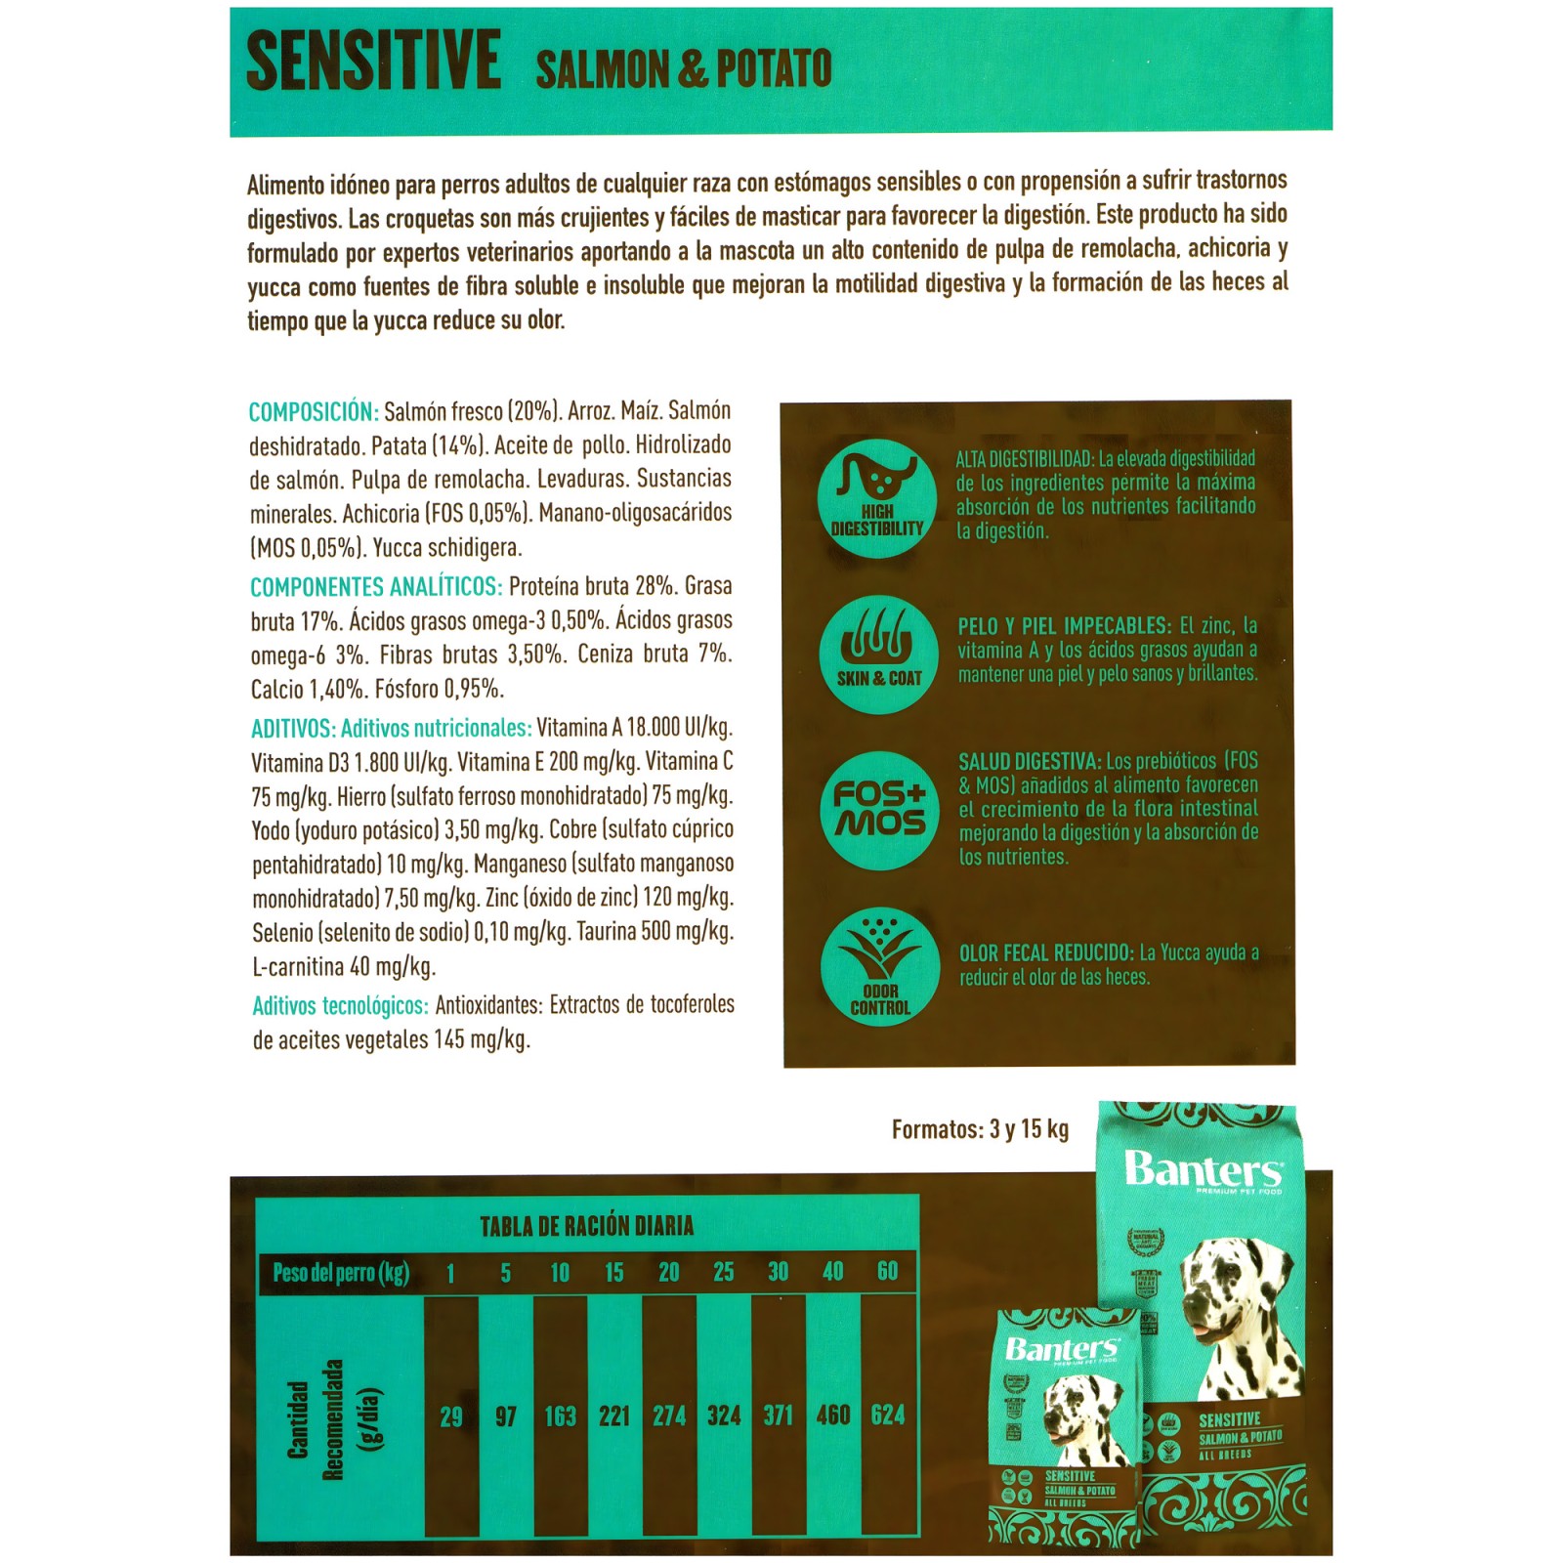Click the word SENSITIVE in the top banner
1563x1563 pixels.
point(373,62)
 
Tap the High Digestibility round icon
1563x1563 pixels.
point(877,499)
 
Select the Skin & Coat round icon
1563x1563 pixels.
point(879,655)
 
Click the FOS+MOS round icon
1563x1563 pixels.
point(879,810)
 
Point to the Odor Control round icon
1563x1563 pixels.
point(880,966)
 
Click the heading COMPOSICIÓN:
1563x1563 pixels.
point(314,411)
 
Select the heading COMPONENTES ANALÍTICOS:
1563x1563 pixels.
point(376,587)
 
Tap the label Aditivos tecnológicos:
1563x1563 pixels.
point(340,1005)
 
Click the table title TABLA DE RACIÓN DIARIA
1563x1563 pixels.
point(586,1226)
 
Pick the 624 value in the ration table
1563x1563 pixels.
point(888,1415)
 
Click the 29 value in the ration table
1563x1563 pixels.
point(450,1416)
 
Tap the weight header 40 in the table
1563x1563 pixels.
point(832,1272)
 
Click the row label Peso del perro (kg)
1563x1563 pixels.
point(341,1273)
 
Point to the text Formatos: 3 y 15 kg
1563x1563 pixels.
point(980,1130)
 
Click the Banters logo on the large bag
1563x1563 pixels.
point(1203,1170)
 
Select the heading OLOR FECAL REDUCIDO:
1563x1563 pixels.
point(1046,953)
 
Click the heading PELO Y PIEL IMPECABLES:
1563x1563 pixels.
point(1064,626)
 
